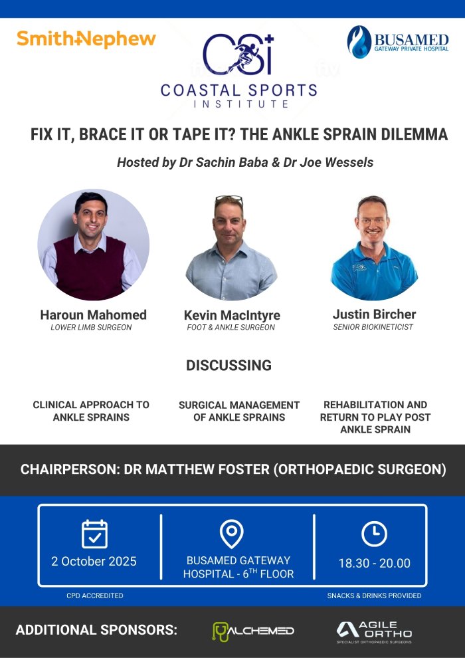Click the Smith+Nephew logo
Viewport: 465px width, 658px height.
pyautogui.click(x=86, y=39)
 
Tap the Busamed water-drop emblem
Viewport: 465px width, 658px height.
pyautogui.click(x=359, y=42)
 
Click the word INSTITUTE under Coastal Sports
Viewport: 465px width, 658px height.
pyautogui.click(x=240, y=104)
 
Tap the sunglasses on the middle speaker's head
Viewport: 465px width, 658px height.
pyautogui.click(x=229, y=199)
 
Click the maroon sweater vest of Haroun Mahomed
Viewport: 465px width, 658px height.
pyautogui.click(x=90, y=269)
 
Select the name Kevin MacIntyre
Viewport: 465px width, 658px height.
pyautogui.click(x=232, y=315)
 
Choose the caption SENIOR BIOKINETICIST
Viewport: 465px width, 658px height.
pyautogui.click(x=373, y=327)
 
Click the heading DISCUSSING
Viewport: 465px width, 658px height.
pyautogui.click(x=229, y=365)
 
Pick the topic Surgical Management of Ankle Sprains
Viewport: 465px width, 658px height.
pyautogui.click(x=239, y=411)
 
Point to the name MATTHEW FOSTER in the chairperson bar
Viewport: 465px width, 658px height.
pyautogui.click(x=197, y=469)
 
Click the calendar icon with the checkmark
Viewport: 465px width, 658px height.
pyautogui.click(x=94, y=534)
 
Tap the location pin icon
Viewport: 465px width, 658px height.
pyautogui.click(x=231, y=533)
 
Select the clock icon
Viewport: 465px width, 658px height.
pyautogui.click(x=374, y=534)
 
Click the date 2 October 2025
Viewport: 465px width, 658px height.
pyautogui.click(x=94, y=562)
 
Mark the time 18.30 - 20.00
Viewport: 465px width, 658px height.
pyautogui.click(x=375, y=563)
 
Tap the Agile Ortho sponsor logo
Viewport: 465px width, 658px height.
pyautogui.click(x=374, y=632)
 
